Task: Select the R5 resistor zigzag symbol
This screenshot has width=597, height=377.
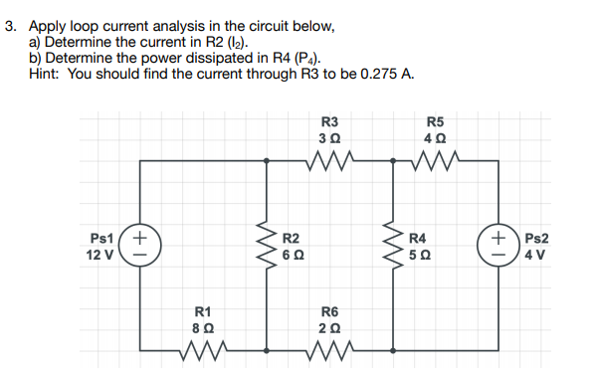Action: pyautogui.click(x=434, y=158)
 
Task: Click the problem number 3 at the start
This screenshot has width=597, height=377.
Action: pyautogui.click(x=10, y=28)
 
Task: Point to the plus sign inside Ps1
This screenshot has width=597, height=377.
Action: pyautogui.click(x=141, y=238)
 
